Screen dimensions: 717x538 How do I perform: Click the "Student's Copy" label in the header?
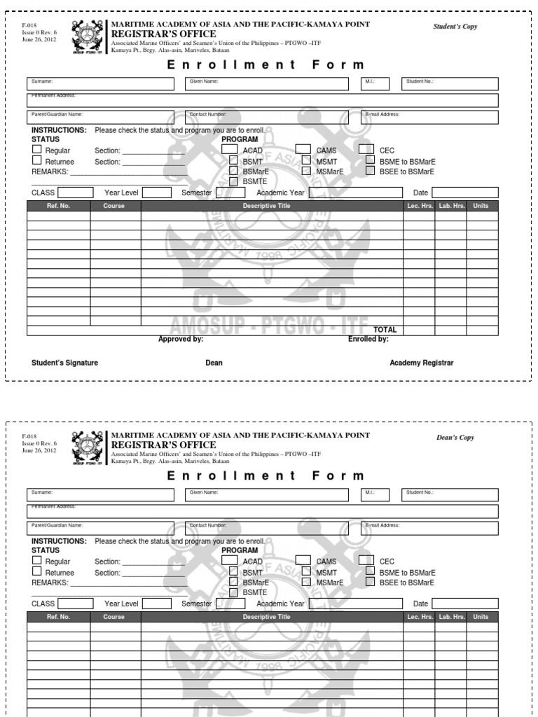point(456,27)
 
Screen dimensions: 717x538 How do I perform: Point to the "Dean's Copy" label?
point(455,438)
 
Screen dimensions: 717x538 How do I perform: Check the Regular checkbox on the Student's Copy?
point(37,149)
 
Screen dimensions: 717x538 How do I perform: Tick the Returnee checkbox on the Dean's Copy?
point(37,571)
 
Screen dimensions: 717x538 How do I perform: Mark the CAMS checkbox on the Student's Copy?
point(303,149)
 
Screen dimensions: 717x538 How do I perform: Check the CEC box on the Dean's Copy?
point(366,560)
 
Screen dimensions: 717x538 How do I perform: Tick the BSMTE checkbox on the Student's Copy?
point(235,181)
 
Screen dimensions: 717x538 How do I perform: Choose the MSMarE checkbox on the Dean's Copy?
point(306,581)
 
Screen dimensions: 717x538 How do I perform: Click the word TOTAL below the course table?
point(385,330)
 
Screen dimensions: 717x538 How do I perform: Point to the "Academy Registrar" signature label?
point(422,363)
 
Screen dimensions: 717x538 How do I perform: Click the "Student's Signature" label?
point(64,363)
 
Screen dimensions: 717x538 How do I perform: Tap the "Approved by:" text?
point(181,339)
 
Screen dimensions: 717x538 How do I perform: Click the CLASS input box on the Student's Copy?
point(75,193)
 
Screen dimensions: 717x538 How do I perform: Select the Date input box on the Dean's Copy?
point(464,604)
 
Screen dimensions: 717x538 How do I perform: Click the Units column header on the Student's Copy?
point(481,206)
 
